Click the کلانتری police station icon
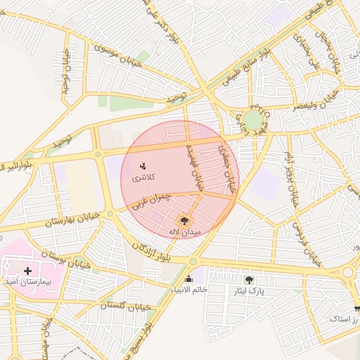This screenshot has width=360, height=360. pyautogui.click(x=143, y=167)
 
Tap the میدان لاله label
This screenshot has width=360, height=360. pyautogui.click(x=185, y=231)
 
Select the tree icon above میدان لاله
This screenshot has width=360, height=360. pyautogui.click(x=185, y=220)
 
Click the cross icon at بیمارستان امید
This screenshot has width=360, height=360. pyautogui.click(x=27, y=270)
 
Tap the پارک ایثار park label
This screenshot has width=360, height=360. pyautogui.click(x=249, y=290)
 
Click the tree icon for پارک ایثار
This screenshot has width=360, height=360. pyautogui.click(x=249, y=279)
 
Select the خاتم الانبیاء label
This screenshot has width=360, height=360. pyautogui.click(x=188, y=290)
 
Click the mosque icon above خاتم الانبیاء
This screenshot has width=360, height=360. pyautogui.click(x=188, y=279)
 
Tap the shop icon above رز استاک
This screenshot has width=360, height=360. pyautogui.click(x=357, y=308)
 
